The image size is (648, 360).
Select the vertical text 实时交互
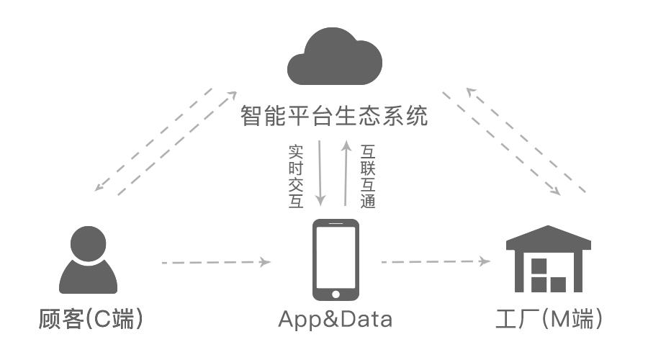coord(295,176)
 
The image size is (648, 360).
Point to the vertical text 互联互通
coord(368,176)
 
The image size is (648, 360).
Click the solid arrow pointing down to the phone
coord(320,173)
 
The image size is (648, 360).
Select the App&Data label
coord(336,319)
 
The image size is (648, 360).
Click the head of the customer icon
coord(88,243)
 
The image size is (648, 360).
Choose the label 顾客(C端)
coord(90,319)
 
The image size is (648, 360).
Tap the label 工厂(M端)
coord(549,319)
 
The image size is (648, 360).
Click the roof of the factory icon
coord(549,238)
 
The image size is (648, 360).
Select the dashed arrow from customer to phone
coord(216,263)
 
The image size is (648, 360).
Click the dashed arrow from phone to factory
coord(436,262)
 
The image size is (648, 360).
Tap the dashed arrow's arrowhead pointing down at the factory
coord(557,192)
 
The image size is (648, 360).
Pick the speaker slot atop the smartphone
coord(336,224)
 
